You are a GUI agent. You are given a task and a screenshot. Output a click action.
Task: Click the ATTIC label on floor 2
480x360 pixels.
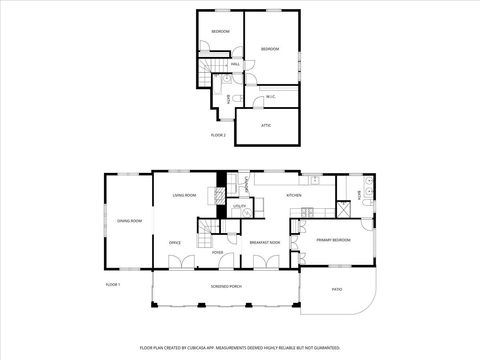coord(266,125)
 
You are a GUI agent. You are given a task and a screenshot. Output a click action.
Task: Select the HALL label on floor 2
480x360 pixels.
coord(236,65)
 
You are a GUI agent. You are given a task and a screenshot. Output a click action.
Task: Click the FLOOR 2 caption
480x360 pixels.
coord(218,134)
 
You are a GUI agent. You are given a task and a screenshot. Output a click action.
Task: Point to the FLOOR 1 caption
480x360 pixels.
coord(113,285)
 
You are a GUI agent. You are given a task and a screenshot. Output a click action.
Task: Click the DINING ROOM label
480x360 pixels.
coord(129,221)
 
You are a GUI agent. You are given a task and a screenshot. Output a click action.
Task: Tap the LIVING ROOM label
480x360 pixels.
coord(184,196)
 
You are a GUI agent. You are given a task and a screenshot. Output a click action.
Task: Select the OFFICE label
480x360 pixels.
coord(174,242)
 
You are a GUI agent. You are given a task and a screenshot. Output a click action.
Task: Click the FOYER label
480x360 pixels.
coord(217,252)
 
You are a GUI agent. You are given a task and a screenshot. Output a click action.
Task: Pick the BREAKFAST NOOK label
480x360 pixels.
coord(264,242)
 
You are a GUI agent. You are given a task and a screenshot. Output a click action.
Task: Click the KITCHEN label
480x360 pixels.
coord(294,196)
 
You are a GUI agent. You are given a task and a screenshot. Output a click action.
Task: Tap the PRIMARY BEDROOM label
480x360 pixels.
coord(333,240)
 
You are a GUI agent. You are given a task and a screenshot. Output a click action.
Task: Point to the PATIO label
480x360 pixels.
coord(336,290)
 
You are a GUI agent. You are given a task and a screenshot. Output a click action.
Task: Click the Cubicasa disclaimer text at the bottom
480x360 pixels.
coord(240,347)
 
